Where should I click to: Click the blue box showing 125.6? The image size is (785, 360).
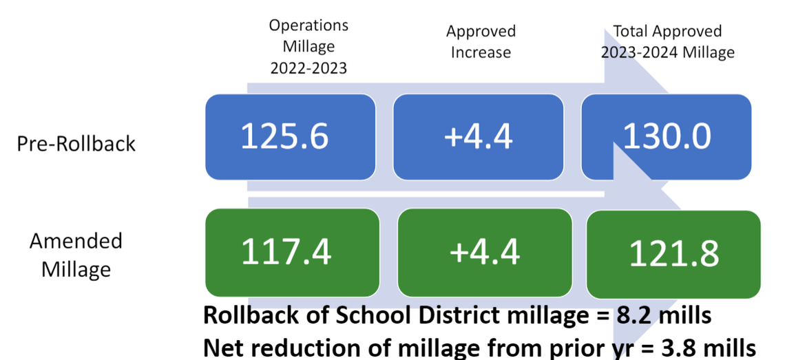(290, 136)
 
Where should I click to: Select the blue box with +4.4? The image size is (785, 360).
(478, 136)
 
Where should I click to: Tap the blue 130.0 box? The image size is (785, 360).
(666, 136)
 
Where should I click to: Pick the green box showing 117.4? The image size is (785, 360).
(292, 252)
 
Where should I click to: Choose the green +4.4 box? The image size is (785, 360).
(484, 252)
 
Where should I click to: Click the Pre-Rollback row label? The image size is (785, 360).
(76, 144)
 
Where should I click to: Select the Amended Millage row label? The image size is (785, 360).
(76, 255)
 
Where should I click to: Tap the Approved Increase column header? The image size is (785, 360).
(481, 42)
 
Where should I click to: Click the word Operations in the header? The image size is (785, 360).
(308, 25)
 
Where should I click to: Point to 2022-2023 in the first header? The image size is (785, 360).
(308, 68)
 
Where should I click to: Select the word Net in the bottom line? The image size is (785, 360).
(221, 346)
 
